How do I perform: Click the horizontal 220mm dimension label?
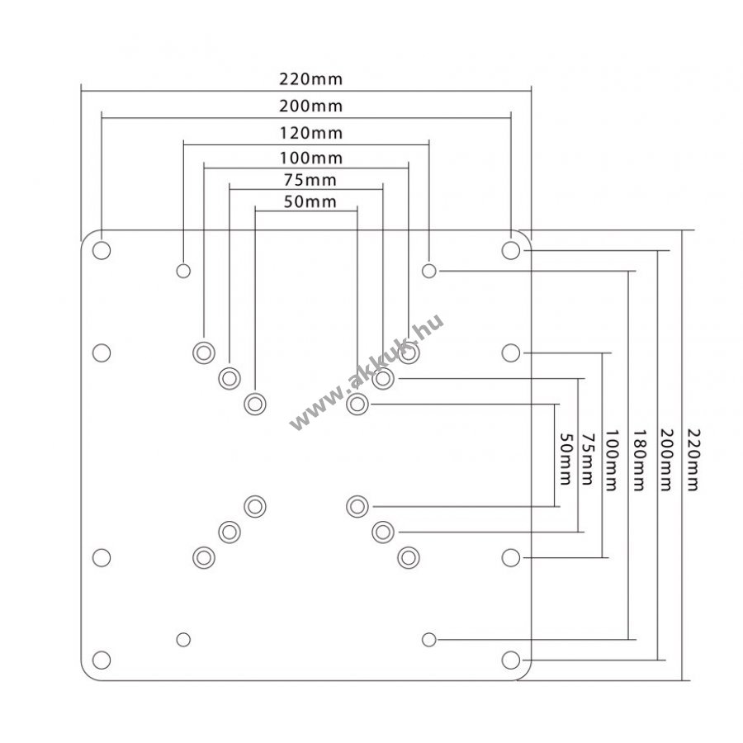(x=310, y=78)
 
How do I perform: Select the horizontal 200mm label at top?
(x=310, y=106)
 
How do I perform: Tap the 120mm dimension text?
(x=311, y=133)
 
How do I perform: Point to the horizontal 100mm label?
(x=311, y=158)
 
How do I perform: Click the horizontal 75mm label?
(x=310, y=180)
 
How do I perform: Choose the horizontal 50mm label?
(x=310, y=202)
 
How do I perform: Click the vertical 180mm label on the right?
(x=639, y=460)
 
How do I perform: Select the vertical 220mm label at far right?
(x=693, y=460)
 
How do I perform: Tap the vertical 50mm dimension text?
(x=566, y=459)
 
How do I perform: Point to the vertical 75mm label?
(x=587, y=459)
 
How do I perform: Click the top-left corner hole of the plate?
(x=102, y=250)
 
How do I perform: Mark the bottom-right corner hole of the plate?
(x=510, y=660)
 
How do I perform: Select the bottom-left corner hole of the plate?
(x=102, y=660)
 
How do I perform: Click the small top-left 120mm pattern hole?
(x=183, y=271)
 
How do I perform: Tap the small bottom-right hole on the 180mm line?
(x=428, y=640)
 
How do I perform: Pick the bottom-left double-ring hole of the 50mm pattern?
(x=255, y=507)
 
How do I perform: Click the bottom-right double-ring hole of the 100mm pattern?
(x=409, y=558)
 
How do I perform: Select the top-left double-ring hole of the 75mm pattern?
(x=230, y=379)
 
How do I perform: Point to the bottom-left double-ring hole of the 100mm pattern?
(x=204, y=558)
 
